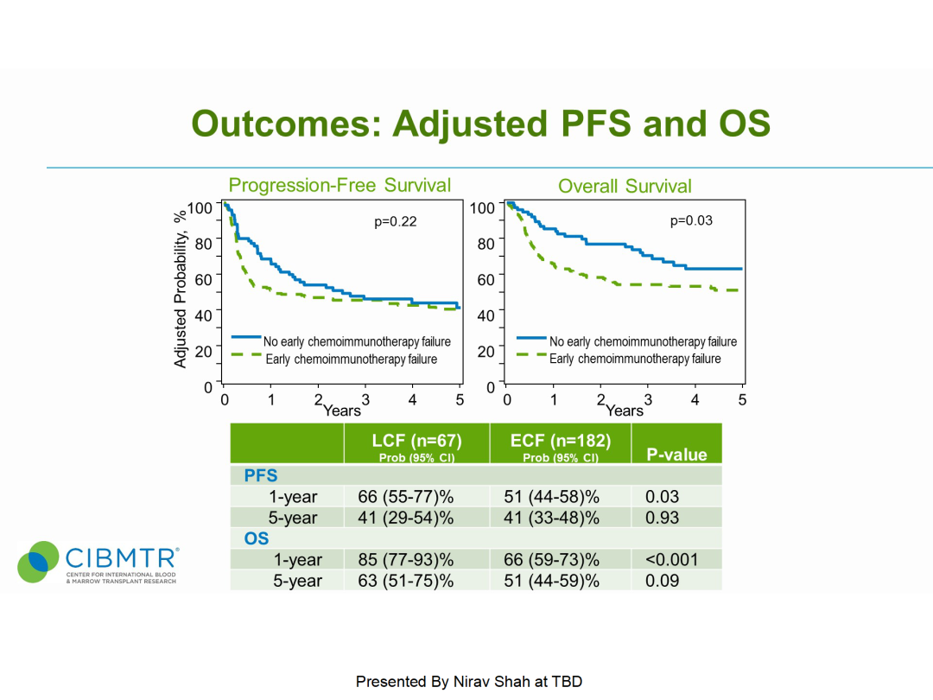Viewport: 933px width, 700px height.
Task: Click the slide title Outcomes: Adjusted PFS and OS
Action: (480, 124)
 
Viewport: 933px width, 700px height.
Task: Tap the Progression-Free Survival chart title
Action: (340, 185)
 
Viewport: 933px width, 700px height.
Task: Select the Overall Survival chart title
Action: (625, 186)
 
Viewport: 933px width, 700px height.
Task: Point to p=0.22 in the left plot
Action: (396, 222)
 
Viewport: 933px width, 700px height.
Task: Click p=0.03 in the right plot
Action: (691, 221)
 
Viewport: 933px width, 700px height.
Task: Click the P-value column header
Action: (676, 455)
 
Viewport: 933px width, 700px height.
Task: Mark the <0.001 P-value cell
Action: (671, 560)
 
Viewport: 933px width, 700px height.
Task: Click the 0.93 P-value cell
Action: (663, 518)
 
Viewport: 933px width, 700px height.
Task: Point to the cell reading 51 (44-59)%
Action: (551, 581)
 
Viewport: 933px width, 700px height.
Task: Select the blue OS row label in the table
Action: (257, 539)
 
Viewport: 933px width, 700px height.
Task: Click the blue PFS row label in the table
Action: (261, 476)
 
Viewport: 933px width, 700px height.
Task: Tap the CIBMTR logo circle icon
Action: (38, 563)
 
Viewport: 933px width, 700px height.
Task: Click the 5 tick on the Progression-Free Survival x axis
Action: (460, 400)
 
